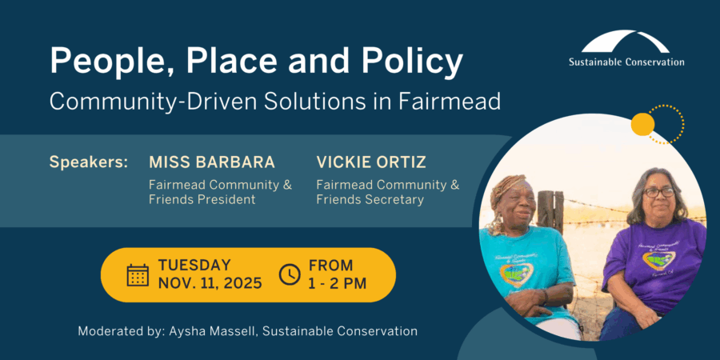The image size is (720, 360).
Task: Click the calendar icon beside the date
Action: pyautogui.click(x=138, y=275)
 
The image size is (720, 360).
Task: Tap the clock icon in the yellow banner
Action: pyautogui.click(x=290, y=274)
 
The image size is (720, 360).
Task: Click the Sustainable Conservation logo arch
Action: pyautogui.click(x=626, y=42)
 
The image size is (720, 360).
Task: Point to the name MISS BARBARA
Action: pyautogui.click(x=212, y=162)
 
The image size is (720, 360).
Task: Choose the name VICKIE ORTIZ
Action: pyautogui.click(x=371, y=162)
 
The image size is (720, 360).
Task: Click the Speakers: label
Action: pyautogui.click(x=89, y=162)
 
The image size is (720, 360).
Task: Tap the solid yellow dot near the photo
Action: pyautogui.click(x=642, y=124)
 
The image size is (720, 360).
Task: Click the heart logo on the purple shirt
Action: pyautogui.click(x=658, y=260)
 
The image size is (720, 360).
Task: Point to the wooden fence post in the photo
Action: pyautogui.click(x=550, y=212)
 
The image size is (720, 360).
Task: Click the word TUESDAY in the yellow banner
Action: pyautogui.click(x=194, y=266)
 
